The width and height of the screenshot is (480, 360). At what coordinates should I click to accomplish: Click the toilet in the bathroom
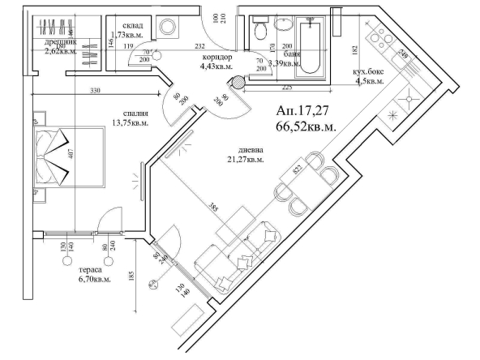pyautogui.click(x=260, y=32)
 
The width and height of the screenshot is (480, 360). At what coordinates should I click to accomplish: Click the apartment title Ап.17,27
pyautogui.click(x=304, y=113)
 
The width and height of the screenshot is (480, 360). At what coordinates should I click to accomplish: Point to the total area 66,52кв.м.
pyautogui.click(x=306, y=126)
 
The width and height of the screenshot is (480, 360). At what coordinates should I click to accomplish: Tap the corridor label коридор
pyautogui.click(x=216, y=58)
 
